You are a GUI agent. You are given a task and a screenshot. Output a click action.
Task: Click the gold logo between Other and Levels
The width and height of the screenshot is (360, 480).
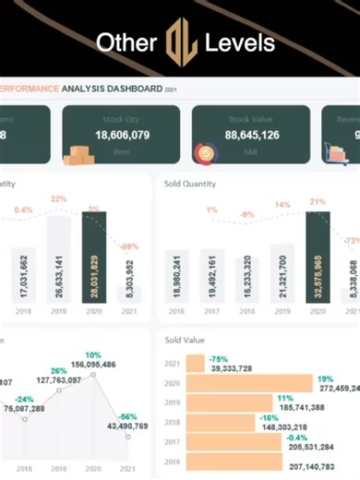[180, 42]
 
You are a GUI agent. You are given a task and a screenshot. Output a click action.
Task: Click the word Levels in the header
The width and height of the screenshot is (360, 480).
[240, 42]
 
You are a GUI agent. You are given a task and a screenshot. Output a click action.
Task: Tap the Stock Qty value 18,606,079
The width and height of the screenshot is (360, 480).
[123, 134]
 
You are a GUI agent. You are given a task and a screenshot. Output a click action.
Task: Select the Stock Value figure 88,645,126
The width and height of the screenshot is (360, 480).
[252, 134]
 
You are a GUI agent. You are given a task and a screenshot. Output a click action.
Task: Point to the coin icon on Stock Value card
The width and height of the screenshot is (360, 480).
[204, 154]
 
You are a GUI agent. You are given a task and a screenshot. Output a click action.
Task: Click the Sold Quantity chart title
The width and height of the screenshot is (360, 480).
[190, 184]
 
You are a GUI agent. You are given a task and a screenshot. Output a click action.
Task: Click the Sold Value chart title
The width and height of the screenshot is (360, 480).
[185, 341]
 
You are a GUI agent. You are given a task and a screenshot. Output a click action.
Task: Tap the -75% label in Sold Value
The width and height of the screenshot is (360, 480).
[220, 358]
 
